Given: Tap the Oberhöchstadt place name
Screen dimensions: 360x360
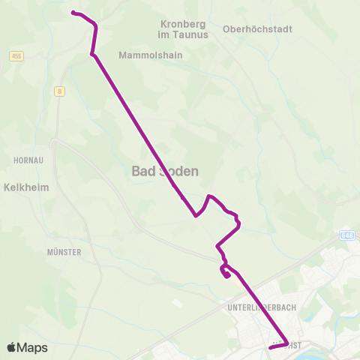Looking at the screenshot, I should pos(257,29).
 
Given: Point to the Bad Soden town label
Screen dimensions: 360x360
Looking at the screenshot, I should pos(165,171).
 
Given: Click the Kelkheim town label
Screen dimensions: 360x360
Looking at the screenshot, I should pos(26,187).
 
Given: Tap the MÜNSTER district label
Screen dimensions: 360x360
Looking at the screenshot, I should pos(63,253).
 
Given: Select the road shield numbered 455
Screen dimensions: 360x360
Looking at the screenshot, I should pos(16,56).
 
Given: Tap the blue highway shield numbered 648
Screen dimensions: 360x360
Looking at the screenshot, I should pos(346,235).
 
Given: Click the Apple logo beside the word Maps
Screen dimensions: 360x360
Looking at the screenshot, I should pos(12,347).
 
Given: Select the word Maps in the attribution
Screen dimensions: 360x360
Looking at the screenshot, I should pos(32,347).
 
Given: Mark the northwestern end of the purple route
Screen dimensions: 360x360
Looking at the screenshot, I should pos(73,12).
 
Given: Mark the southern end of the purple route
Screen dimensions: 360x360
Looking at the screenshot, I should pos(270,348).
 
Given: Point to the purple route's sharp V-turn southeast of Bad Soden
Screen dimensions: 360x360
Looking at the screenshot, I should pos(196,216).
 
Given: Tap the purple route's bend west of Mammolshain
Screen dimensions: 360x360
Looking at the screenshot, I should pos(92,53).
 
